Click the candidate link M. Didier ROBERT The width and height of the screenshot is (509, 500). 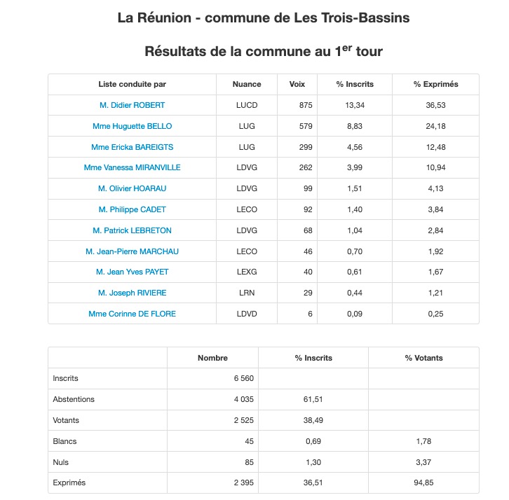tap(133, 105)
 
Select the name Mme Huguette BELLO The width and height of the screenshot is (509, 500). tap(133, 126)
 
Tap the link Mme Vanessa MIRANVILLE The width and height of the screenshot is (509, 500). tap(133, 168)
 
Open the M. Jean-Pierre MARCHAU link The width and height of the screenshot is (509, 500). tap(133, 251)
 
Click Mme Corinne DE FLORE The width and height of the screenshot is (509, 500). tap(133, 314)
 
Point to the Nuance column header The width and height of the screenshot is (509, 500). tap(247, 84)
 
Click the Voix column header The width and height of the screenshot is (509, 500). tap(297, 84)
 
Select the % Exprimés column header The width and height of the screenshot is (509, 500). tap(435, 84)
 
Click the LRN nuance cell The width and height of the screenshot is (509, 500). tap(247, 293)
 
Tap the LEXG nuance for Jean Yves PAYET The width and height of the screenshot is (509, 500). tap(247, 272)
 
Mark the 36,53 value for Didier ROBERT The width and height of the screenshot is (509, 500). tap(436, 105)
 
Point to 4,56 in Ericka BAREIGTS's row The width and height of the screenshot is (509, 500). tap(355, 147)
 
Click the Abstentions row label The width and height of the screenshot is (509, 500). tap(74, 399)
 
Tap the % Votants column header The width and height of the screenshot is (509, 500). tap(424, 358)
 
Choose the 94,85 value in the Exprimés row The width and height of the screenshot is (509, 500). tap(424, 483)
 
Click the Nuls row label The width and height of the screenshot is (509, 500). tap(61, 462)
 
